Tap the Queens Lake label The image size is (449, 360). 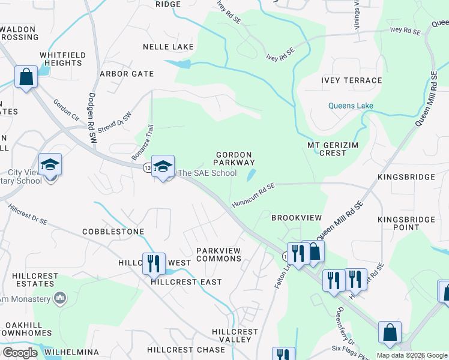[351, 106]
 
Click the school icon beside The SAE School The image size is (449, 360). [163, 167]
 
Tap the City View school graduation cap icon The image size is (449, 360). [50, 166]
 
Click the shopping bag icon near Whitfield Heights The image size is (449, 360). [26, 77]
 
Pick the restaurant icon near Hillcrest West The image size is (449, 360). [154, 263]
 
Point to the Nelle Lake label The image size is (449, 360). [168, 47]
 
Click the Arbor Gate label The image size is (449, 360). [127, 74]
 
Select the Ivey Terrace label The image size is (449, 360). [351, 80]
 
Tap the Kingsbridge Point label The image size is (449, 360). [406, 223]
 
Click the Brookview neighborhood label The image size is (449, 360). [297, 217]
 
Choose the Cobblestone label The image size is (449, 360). [113, 231]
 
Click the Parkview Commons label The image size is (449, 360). [218, 254]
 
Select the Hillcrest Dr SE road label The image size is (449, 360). [28, 214]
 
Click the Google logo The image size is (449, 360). [20, 353]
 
